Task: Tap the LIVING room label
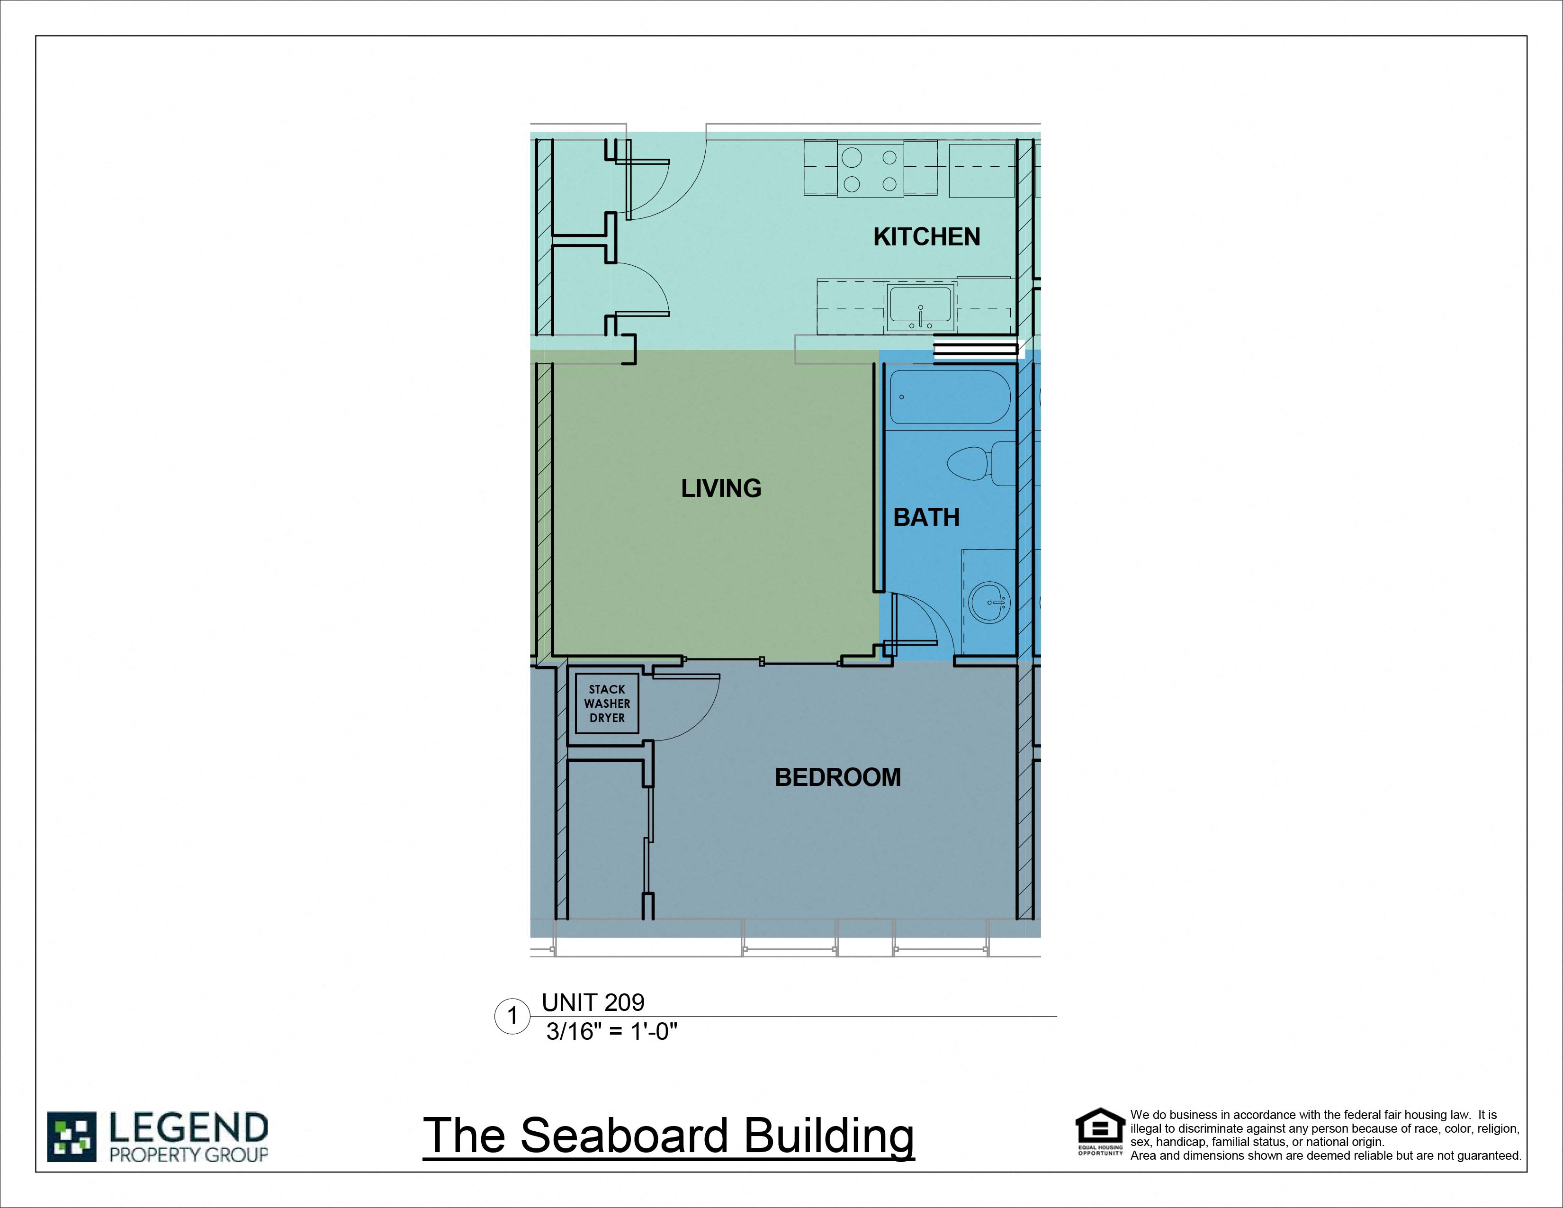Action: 721,488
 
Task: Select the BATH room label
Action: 926,517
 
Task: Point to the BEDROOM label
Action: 837,777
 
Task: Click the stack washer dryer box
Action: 607,703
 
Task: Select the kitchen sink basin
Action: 920,308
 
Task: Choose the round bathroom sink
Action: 990,603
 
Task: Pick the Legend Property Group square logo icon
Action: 72,1136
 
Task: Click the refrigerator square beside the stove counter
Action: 982,171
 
